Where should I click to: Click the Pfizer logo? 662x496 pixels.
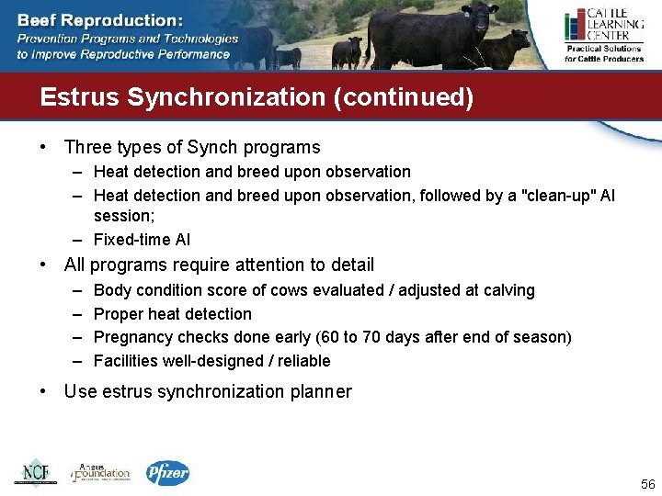tap(167, 473)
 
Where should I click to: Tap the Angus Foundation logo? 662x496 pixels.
tap(102, 472)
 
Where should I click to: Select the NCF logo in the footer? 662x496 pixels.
tap(35, 472)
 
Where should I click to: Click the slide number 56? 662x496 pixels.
tap(647, 485)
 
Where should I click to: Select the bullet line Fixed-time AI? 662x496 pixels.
tap(142, 240)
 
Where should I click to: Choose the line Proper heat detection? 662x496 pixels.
tap(172, 313)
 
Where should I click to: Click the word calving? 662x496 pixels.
tap(508, 290)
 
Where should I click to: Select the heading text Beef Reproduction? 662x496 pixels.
tap(100, 19)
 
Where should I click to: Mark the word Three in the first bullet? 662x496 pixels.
tap(87, 147)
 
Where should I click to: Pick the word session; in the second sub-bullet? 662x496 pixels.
tap(124, 216)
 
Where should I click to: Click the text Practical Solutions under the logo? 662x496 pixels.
tap(602, 49)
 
